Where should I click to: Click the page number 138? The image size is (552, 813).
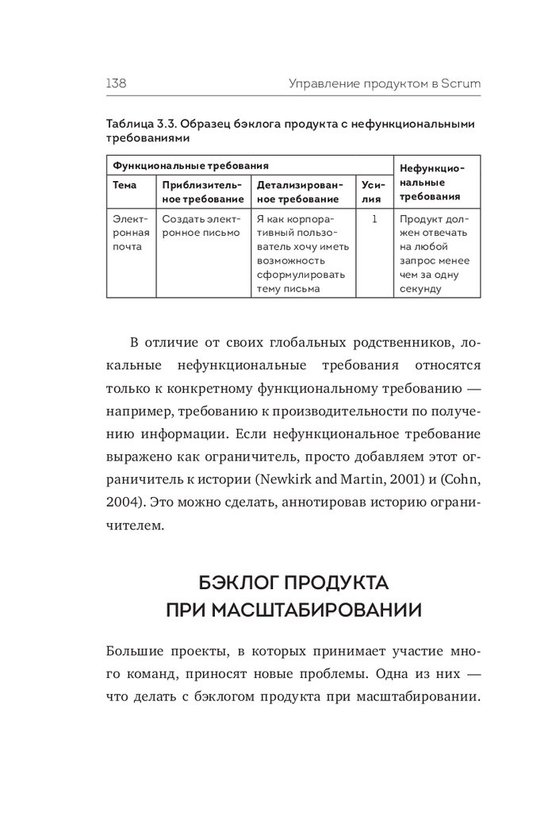tap(117, 83)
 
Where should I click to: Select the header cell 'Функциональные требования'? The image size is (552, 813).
tap(190, 165)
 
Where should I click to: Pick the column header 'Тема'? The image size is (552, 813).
tap(125, 185)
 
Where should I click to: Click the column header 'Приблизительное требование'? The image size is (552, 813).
tap(202, 192)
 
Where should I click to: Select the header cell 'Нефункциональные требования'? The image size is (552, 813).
tap(433, 182)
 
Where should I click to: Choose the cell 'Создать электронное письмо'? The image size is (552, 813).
tap(201, 225)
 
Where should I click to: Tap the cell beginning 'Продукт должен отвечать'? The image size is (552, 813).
tap(435, 253)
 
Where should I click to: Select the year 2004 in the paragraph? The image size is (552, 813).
tap(120, 503)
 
